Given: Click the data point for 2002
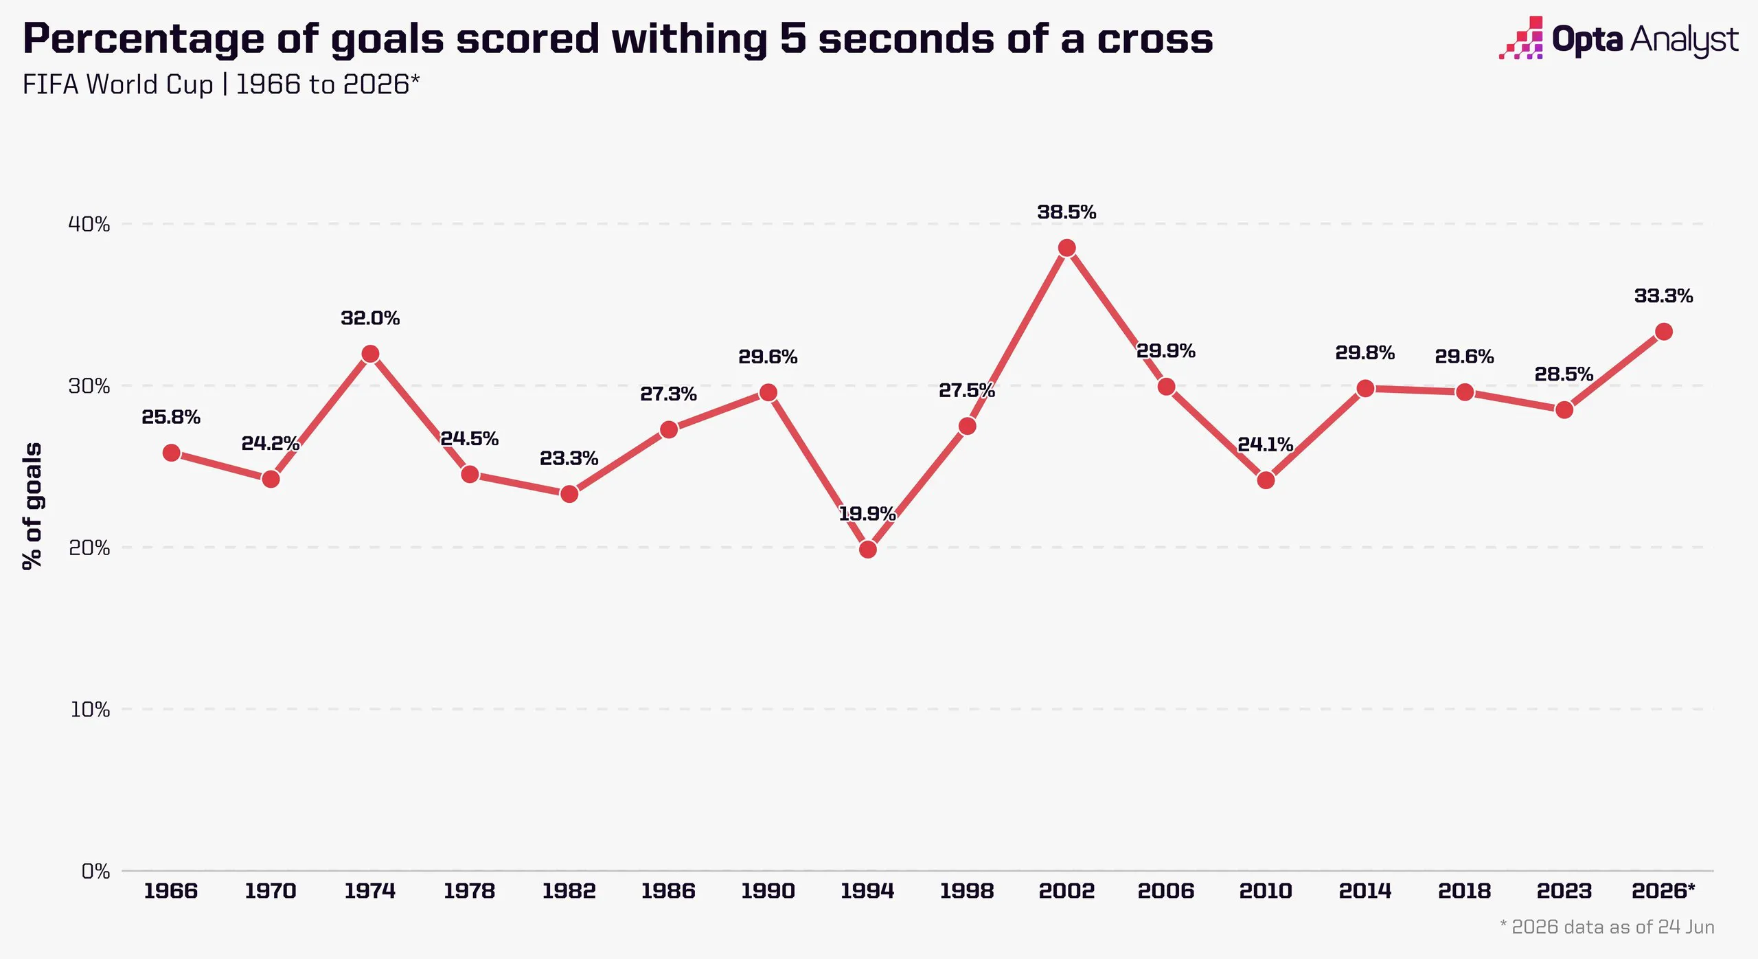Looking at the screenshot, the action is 1066,248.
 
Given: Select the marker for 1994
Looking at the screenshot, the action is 867,549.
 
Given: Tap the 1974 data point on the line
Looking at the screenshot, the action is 370,354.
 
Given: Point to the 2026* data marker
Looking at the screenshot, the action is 1663,332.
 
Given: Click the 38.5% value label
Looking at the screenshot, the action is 1066,212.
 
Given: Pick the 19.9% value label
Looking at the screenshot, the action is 867,514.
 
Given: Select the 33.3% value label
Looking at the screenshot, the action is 1663,296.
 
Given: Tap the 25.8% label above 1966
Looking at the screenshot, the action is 171,417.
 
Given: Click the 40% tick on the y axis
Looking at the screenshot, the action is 89,224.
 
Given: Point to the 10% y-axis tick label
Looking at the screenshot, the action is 90,710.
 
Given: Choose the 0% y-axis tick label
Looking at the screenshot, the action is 95,871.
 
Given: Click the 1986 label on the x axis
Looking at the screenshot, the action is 668,891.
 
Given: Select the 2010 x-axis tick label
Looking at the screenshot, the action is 1266,891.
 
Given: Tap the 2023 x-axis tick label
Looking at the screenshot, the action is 1564,891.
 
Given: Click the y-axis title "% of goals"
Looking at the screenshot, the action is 32,506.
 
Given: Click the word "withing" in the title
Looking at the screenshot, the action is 689,40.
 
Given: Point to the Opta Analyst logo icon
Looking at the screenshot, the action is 1521,38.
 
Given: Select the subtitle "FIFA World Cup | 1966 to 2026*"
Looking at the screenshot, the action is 221,84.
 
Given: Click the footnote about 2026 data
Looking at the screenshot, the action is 1607,927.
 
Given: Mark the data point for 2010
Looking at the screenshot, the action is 1266,480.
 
